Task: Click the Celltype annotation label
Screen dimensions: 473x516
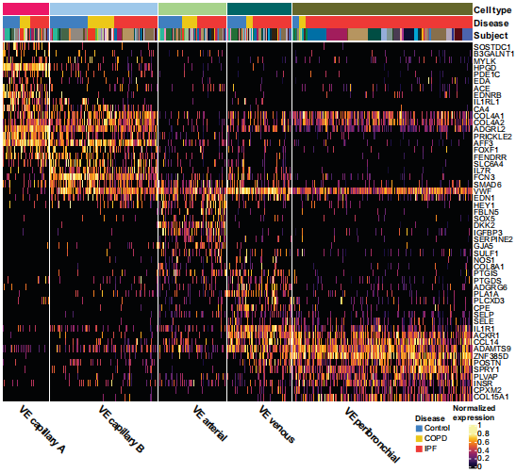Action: pyautogui.click(x=493, y=8)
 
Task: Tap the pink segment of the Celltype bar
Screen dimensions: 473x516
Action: pyautogui.click(x=25, y=8)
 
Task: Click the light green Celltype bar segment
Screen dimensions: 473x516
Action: pyautogui.click(x=192, y=8)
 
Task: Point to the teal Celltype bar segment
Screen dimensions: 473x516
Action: pyautogui.click(x=259, y=8)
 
